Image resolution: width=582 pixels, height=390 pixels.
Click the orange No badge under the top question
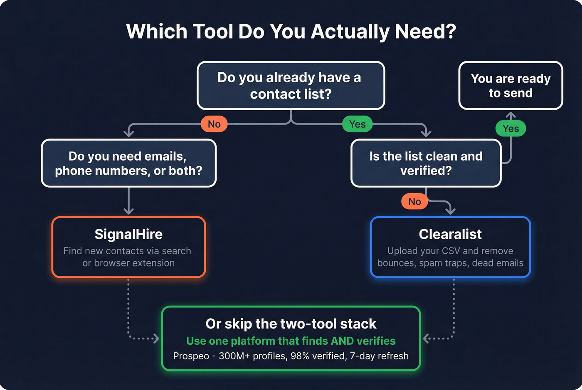214,124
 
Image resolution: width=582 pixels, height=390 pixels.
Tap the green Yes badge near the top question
357,124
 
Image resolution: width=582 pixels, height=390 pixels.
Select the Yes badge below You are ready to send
510,128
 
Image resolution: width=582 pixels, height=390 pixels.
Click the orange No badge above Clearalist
414,201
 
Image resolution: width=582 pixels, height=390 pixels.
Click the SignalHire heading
128,234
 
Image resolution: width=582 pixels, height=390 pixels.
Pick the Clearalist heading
450,234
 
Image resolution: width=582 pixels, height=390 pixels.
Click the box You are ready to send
510,86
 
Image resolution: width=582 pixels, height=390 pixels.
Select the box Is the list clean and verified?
426,163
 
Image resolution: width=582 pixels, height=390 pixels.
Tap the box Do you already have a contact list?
291,86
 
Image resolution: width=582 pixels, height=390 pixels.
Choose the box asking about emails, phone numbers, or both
128,163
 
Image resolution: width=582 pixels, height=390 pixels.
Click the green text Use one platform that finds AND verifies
291,341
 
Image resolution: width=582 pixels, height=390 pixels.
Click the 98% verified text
318,356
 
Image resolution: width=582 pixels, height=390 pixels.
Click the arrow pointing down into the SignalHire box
128,211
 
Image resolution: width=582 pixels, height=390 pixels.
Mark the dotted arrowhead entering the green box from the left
156,338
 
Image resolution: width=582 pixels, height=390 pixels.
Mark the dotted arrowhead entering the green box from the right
426,338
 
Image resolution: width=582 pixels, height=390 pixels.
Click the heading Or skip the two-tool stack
291,324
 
